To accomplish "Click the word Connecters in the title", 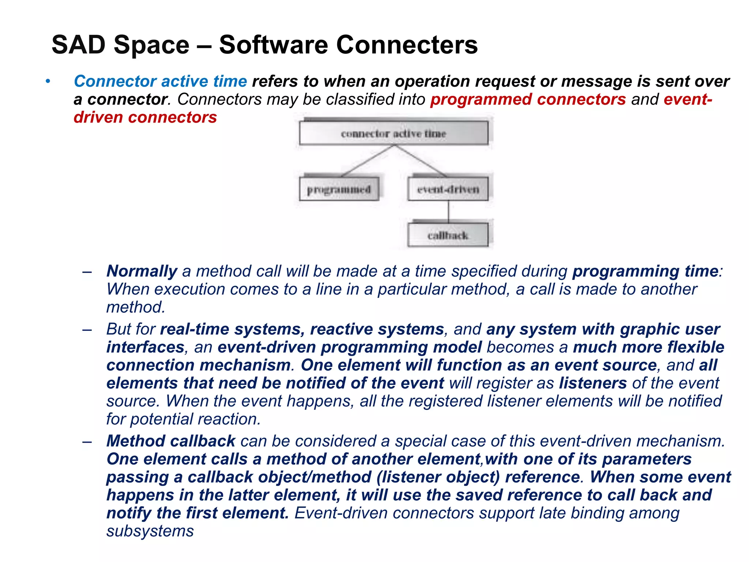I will click(x=407, y=45).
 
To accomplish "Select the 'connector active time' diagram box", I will click(x=394, y=134).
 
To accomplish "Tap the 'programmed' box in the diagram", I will click(x=339, y=189).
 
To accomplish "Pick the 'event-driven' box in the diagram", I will click(x=448, y=189).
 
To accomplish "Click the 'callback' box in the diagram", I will click(x=448, y=235).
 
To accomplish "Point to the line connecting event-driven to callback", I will click(x=448, y=212).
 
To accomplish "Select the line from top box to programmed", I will click(x=368, y=161).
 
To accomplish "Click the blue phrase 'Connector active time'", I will click(x=160, y=81).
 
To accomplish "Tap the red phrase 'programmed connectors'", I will click(x=528, y=100).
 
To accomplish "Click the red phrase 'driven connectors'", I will click(x=145, y=117).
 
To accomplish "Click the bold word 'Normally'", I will click(x=142, y=271).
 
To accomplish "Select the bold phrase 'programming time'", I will click(x=645, y=271).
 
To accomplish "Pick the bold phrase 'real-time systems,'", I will click(x=233, y=329).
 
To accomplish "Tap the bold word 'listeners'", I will click(x=593, y=383).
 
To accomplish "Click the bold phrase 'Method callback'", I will click(x=171, y=441).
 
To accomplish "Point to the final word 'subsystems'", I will click(x=150, y=531).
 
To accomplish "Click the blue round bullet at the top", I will click(x=48, y=81).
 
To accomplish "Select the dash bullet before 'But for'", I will click(x=87, y=330).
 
